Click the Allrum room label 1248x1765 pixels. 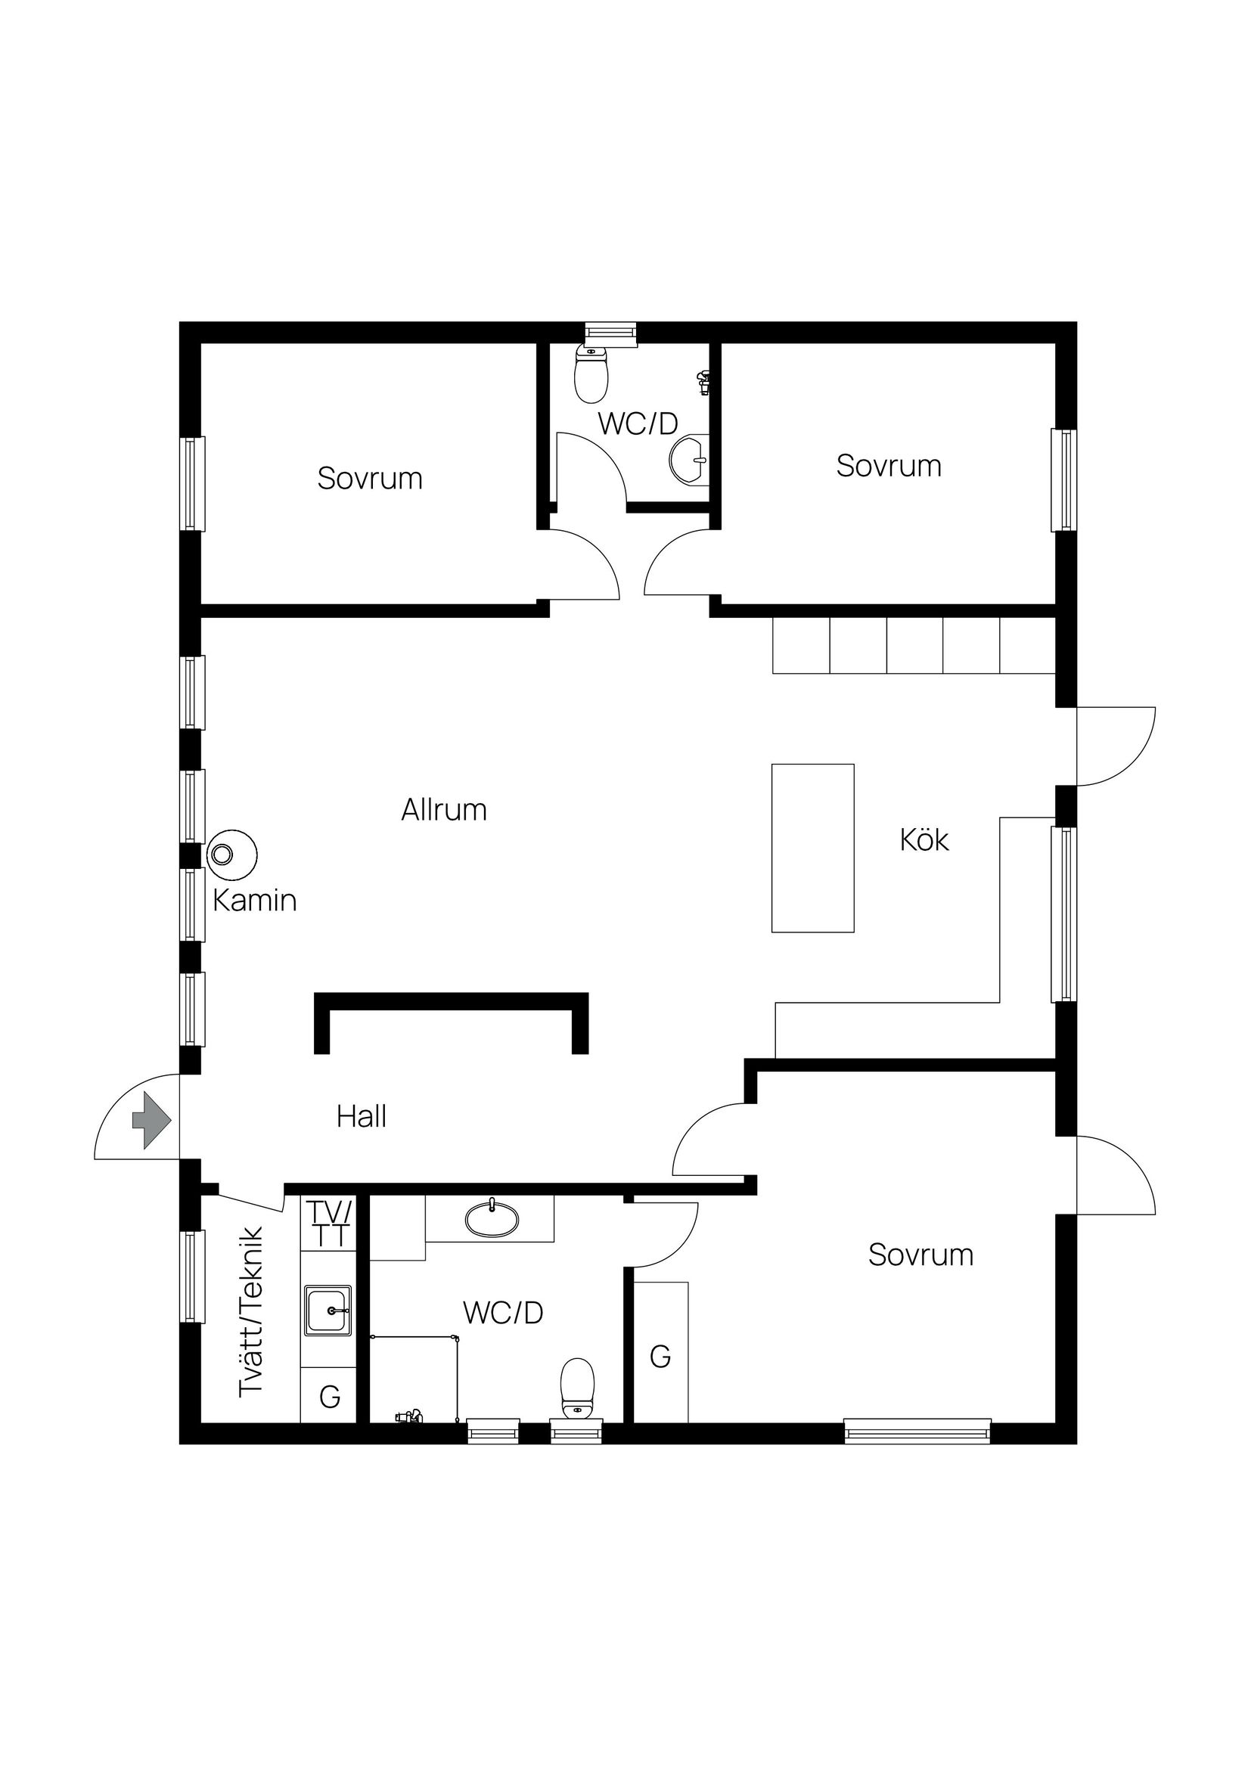[x=444, y=810]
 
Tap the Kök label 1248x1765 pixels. [x=924, y=840]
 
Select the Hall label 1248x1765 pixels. [x=362, y=1116]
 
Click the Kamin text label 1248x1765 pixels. [x=255, y=900]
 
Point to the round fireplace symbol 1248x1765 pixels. [x=232, y=854]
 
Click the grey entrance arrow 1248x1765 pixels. [x=151, y=1121]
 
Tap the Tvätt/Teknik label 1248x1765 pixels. [x=251, y=1312]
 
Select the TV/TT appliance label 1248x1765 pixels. [x=330, y=1224]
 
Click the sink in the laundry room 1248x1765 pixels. [x=329, y=1311]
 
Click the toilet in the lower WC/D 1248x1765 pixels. [x=577, y=1388]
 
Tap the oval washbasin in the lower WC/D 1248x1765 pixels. [x=492, y=1219]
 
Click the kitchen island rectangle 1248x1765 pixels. [x=813, y=848]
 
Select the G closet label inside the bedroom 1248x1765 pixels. [x=660, y=1357]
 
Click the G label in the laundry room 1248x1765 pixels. [x=330, y=1396]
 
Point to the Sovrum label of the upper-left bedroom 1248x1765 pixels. [x=370, y=479]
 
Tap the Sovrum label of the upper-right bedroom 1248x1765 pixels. [x=889, y=466]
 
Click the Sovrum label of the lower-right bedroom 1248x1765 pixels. [x=921, y=1255]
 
